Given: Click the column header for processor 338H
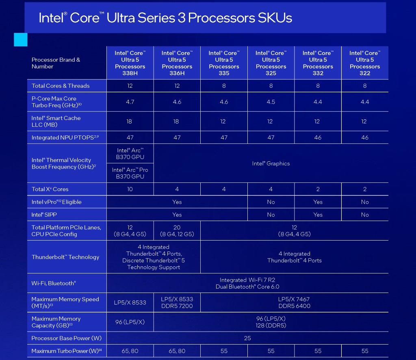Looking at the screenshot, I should [130, 63].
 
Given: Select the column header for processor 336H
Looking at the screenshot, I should [177, 63].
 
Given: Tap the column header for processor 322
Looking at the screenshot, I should [365, 63].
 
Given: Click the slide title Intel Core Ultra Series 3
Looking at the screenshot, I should [165, 18].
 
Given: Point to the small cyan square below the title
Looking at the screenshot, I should [21, 40].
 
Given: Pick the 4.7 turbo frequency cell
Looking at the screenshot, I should [130, 102].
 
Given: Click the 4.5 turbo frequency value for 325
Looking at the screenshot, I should [271, 102].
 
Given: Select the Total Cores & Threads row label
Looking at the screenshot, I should [61, 86].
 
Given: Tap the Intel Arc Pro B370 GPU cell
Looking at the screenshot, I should [130, 173].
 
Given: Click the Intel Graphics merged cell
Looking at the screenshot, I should [271, 163].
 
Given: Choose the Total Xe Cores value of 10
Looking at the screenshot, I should [130, 189].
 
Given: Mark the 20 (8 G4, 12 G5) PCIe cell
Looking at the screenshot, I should [177, 231].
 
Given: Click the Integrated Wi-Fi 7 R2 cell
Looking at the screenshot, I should [247, 283].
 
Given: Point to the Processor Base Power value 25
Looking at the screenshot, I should [247, 338].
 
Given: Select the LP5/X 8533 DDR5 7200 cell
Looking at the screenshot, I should [177, 302].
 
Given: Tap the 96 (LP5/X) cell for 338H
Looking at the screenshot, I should [130, 322].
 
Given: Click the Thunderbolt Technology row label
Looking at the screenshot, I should [65, 257].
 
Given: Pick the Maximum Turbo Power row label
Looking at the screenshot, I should [67, 351].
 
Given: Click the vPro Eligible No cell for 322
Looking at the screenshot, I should [365, 202].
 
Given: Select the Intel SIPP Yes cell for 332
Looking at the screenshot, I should [318, 215].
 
